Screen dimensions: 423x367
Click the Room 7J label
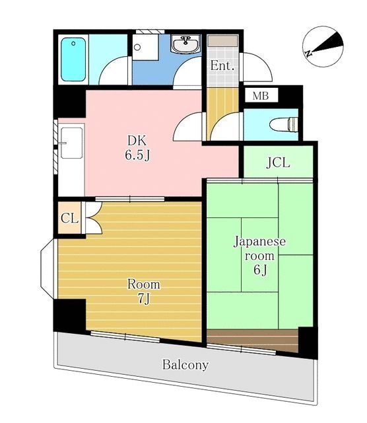(x=143, y=291)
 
